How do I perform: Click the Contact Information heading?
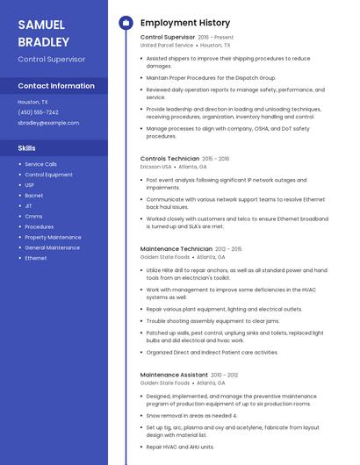(56, 86)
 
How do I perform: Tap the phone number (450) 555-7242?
(38, 112)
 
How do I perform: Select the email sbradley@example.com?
(48, 123)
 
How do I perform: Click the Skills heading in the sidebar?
(26, 148)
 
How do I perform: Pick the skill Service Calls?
(40, 164)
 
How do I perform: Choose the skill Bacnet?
(34, 196)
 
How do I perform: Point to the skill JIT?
(28, 206)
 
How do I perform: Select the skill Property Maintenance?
(53, 237)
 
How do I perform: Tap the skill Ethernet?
(36, 258)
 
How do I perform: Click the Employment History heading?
(184, 23)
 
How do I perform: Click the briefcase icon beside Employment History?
(125, 23)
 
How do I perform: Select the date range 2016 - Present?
(216, 38)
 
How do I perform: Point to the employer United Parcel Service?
(166, 45)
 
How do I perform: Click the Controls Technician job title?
(169, 159)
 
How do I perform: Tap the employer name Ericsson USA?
(156, 166)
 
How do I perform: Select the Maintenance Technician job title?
(176, 249)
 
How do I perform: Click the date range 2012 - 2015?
(228, 249)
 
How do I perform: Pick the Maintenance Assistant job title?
(174, 375)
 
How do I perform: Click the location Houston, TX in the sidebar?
(33, 102)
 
